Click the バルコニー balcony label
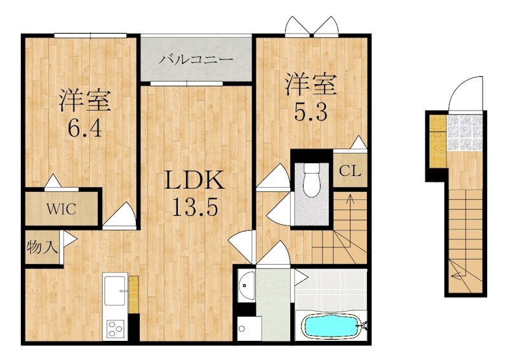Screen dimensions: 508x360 click(196, 60)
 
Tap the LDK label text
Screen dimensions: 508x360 click(194, 180)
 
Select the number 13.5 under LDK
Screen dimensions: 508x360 click(195, 206)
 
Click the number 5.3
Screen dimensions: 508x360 click(311, 112)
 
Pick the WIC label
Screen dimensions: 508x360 click(61, 209)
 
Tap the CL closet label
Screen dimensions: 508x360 click(350, 171)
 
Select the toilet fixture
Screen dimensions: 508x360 click(312, 179)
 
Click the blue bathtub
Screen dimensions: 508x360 click(331, 325)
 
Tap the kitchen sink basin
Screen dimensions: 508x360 click(115, 290)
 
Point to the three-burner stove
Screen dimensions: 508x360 click(116, 329)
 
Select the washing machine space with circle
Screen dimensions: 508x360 click(249, 328)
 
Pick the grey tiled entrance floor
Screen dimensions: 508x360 click(465, 133)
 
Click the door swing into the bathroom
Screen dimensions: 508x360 click(300, 277)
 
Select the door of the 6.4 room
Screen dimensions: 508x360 click(119, 216)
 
